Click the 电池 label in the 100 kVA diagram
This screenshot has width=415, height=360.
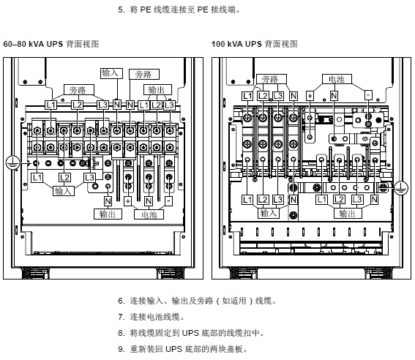[x=337, y=79]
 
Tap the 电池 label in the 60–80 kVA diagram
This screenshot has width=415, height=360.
[x=149, y=214]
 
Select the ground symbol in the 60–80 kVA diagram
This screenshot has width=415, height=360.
[x=12, y=162]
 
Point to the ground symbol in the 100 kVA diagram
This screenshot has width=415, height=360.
[x=401, y=188]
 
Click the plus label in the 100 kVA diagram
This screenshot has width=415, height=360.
[x=310, y=96]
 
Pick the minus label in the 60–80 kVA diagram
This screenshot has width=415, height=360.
[x=168, y=201]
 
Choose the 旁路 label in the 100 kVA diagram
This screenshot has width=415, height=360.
[x=272, y=79]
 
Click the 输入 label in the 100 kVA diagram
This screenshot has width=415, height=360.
[x=269, y=213]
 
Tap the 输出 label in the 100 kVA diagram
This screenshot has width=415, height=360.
[x=347, y=214]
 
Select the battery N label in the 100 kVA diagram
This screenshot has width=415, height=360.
[x=334, y=96]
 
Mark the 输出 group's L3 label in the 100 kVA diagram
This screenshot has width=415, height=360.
[x=356, y=200]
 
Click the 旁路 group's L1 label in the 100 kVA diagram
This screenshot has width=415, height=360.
[x=247, y=96]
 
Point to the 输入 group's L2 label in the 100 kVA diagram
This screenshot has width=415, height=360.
[x=263, y=200]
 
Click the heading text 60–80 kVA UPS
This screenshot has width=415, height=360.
[x=33, y=44]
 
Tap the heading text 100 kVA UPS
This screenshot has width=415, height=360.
[x=236, y=44]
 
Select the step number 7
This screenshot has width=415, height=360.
[x=121, y=317]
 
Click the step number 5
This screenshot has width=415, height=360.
[x=121, y=10]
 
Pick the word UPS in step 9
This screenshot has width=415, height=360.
[x=173, y=349]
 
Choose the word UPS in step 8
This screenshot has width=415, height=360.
[x=190, y=333]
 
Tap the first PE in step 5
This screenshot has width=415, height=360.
[x=146, y=10]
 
